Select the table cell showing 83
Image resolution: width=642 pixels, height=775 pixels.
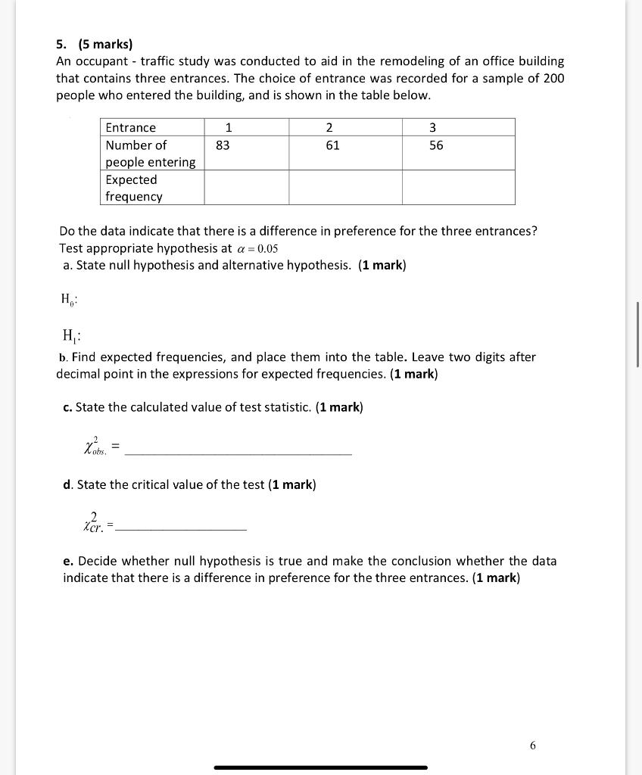[223, 145]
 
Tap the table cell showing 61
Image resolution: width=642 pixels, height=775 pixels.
[332, 145]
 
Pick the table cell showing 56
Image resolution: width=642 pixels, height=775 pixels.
[436, 145]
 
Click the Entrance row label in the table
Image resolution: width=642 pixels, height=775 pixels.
[131, 127]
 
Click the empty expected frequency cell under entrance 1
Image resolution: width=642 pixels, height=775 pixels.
[246, 188]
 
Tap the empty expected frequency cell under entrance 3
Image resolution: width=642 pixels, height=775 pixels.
[458, 188]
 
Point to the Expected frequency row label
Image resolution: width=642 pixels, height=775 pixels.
[134, 188]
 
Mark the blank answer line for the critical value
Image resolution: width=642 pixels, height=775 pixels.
[182, 528]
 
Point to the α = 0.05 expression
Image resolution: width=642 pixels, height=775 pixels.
[257, 248]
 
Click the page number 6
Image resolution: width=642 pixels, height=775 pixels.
[532, 745]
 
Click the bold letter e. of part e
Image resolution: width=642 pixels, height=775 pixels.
[68, 561]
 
